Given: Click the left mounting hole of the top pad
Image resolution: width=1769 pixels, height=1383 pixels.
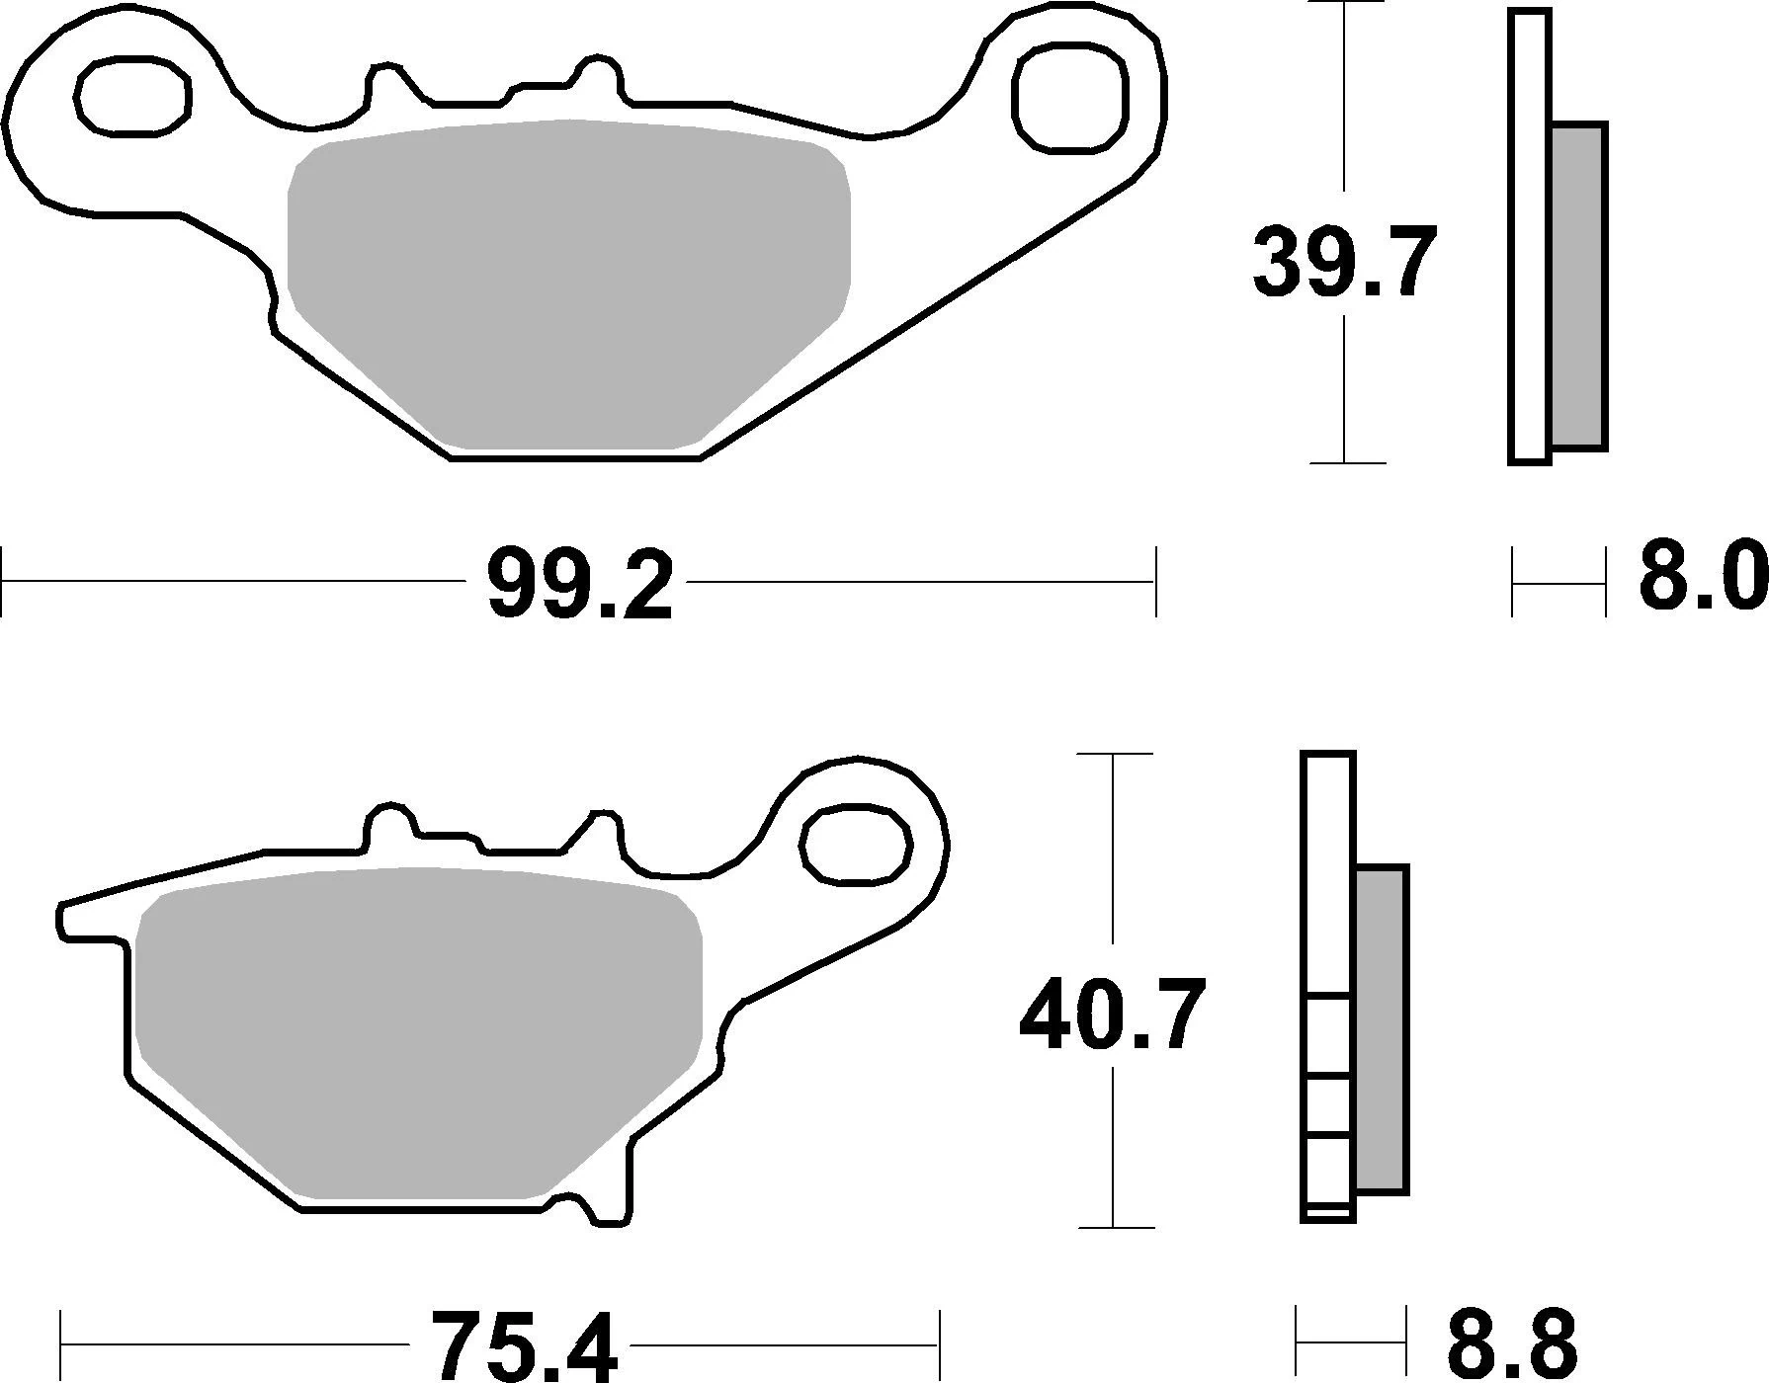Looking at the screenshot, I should (x=132, y=96).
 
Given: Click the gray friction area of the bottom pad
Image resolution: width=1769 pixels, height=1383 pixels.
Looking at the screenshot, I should (x=420, y=1032).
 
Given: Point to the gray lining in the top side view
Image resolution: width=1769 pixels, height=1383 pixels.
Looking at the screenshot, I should (x=1577, y=286).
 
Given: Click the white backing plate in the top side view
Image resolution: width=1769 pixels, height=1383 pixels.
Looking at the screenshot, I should (x=1530, y=237).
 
